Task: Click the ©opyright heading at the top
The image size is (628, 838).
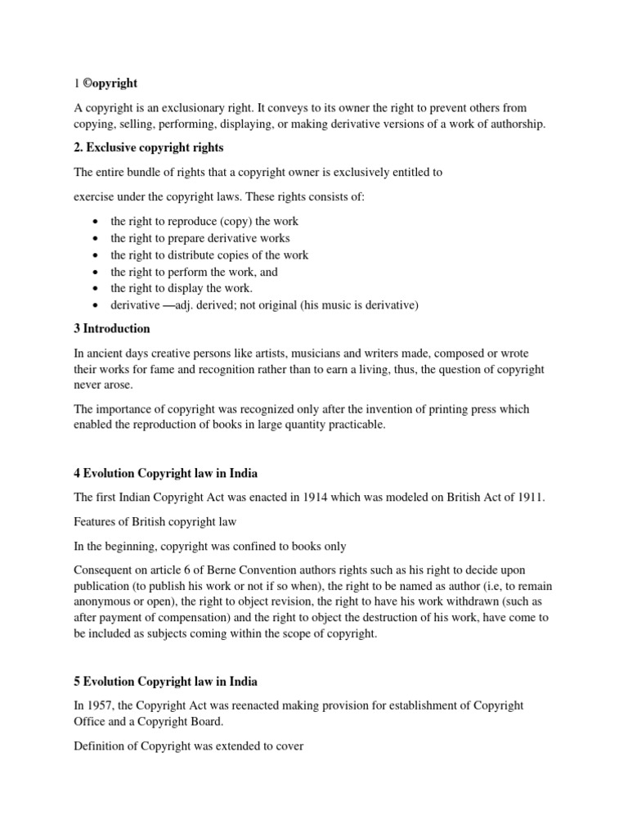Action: click(x=110, y=83)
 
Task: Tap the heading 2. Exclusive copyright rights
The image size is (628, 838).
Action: click(x=150, y=148)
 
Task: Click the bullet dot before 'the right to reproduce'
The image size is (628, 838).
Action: click(x=97, y=222)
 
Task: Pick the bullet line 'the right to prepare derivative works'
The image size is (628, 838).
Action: click(x=200, y=238)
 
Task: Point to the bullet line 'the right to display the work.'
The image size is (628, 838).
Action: click(x=182, y=288)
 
